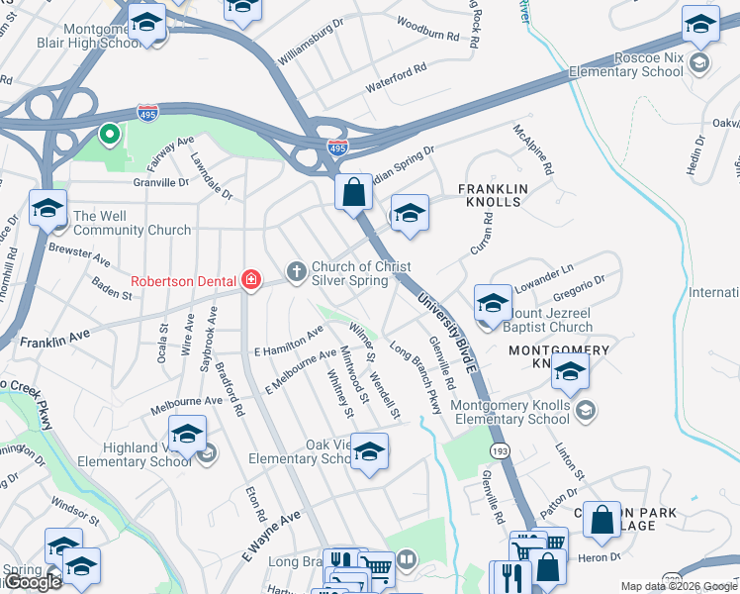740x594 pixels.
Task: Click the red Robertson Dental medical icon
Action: pyautogui.click(x=251, y=280)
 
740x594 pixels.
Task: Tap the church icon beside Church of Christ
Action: pyautogui.click(x=295, y=270)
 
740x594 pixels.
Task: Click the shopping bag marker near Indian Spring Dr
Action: pyautogui.click(x=353, y=191)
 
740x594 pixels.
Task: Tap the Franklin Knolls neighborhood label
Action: pyautogui.click(x=492, y=194)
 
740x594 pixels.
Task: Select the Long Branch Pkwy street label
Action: pyautogui.click(x=416, y=376)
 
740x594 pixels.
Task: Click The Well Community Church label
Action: pyautogui.click(x=132, y=223)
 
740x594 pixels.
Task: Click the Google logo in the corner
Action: pyautogui.click(x=34, y=582)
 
